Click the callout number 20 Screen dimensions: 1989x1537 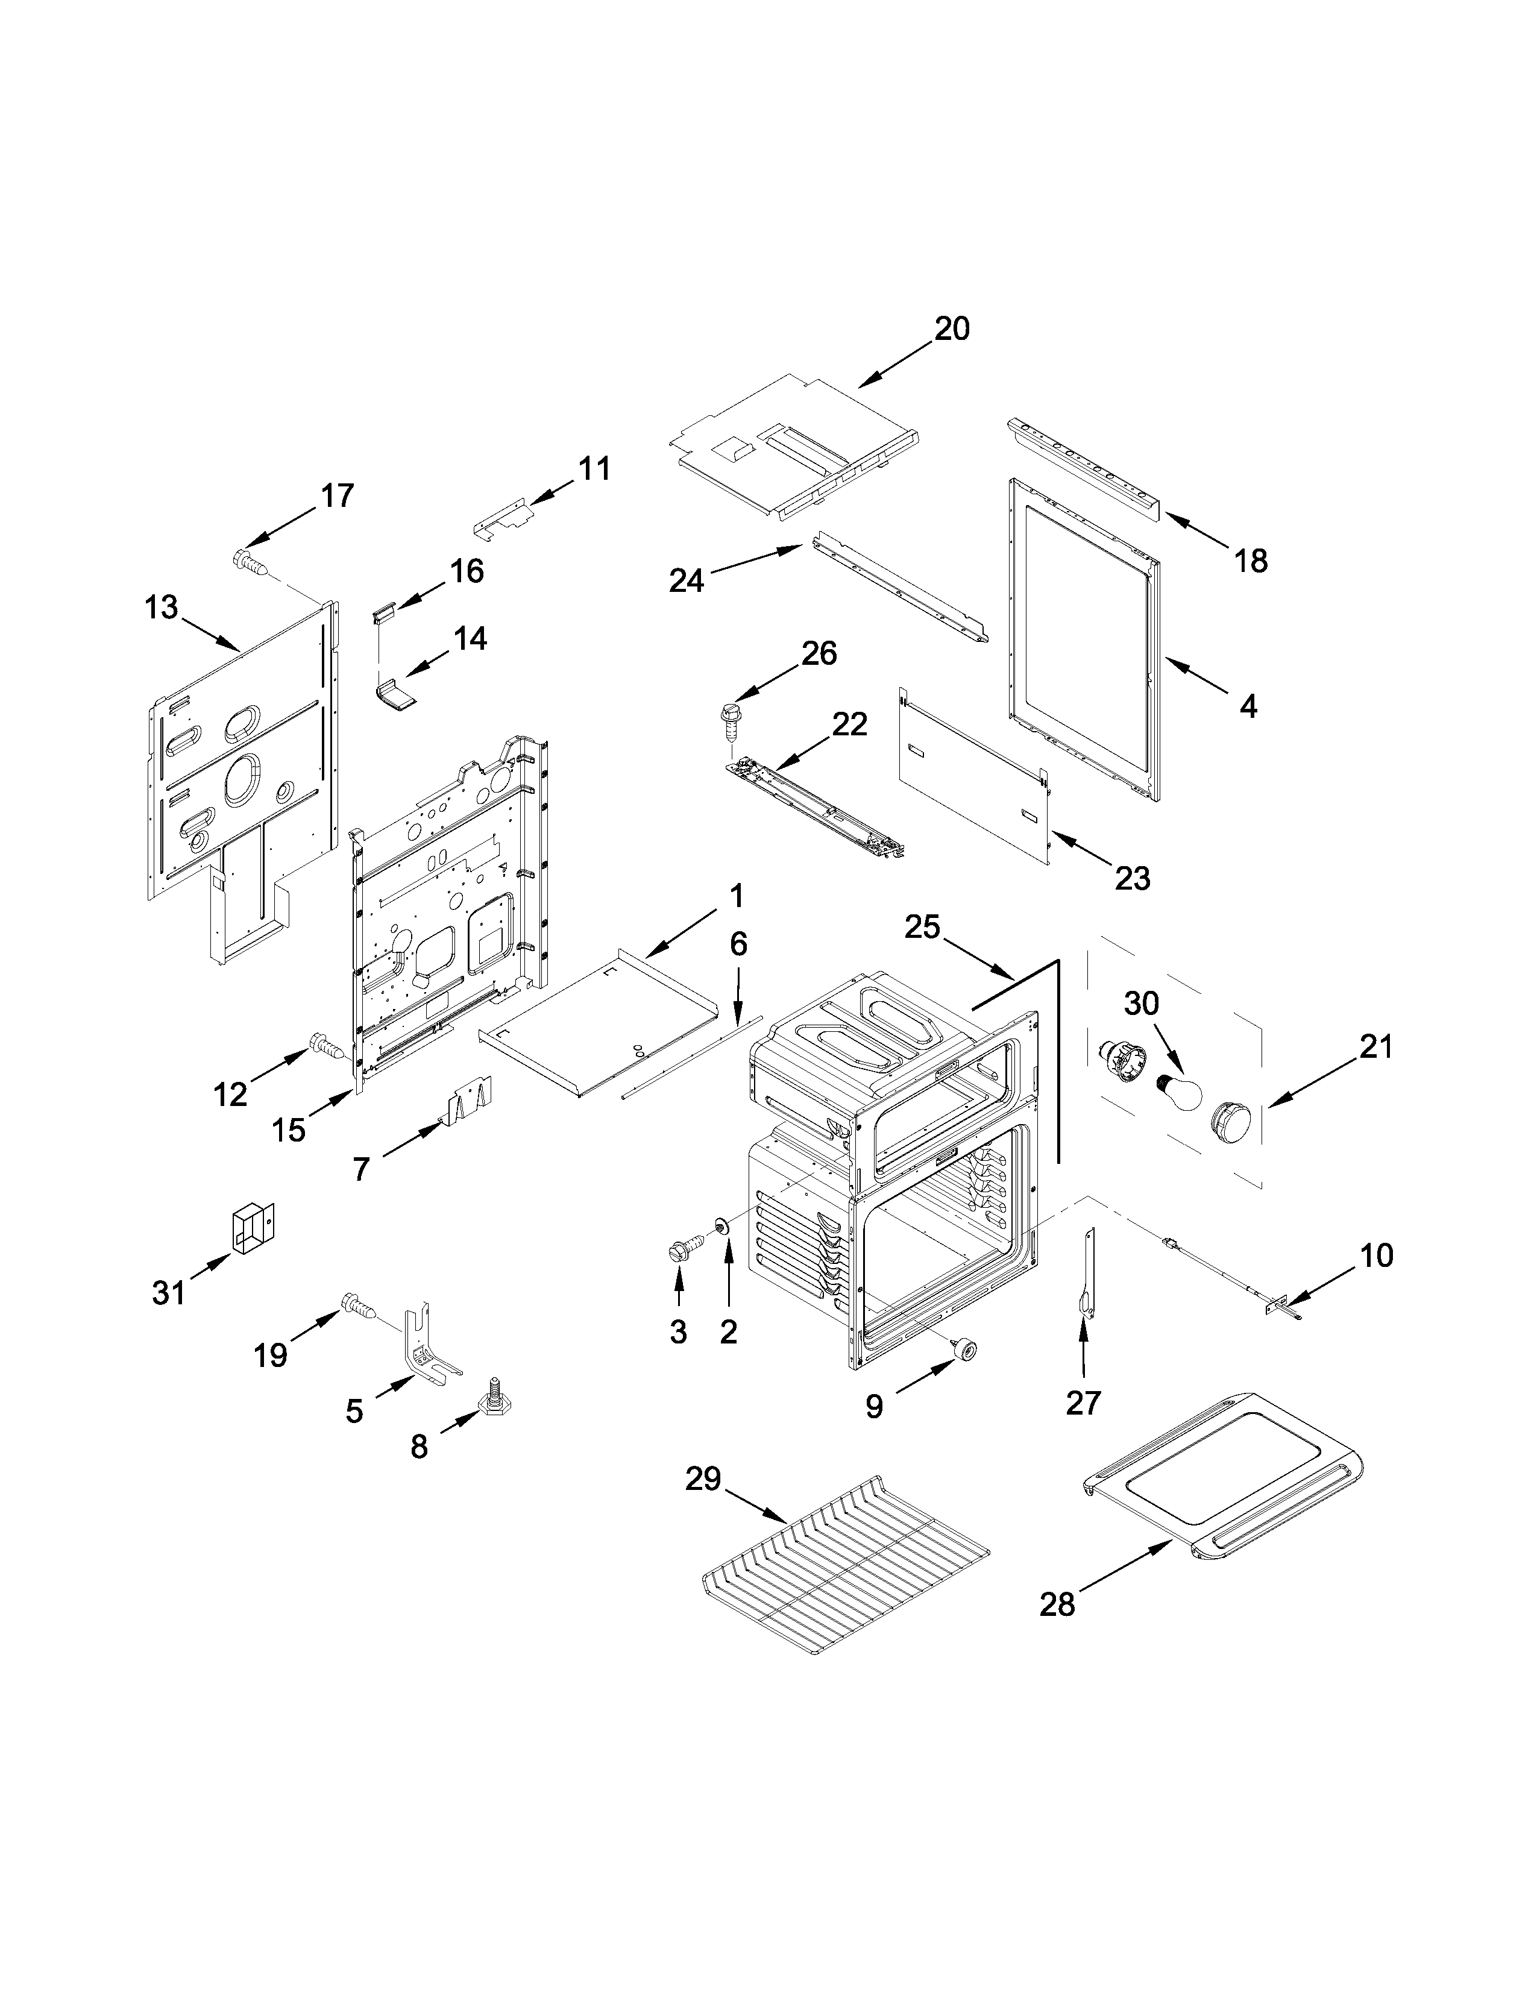click(x=952, y=328)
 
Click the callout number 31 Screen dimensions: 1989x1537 click(x=168, y=1292)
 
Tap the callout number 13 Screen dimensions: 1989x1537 click(x=161, y=608)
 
